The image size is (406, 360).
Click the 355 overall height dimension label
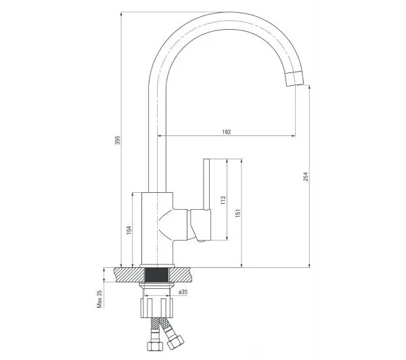(118, 140)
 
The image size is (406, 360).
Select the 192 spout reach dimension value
(226, 132)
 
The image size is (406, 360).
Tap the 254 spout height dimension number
(306, 177)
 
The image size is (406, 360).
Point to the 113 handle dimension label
(223, 200)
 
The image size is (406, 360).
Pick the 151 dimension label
(238, 213)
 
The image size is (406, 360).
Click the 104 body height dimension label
(129, 230)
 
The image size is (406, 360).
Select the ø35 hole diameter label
(183, 292)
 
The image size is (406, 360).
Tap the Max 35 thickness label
(99, 298)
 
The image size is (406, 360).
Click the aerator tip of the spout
(294, 78)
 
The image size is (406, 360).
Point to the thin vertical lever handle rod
(206, 184)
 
